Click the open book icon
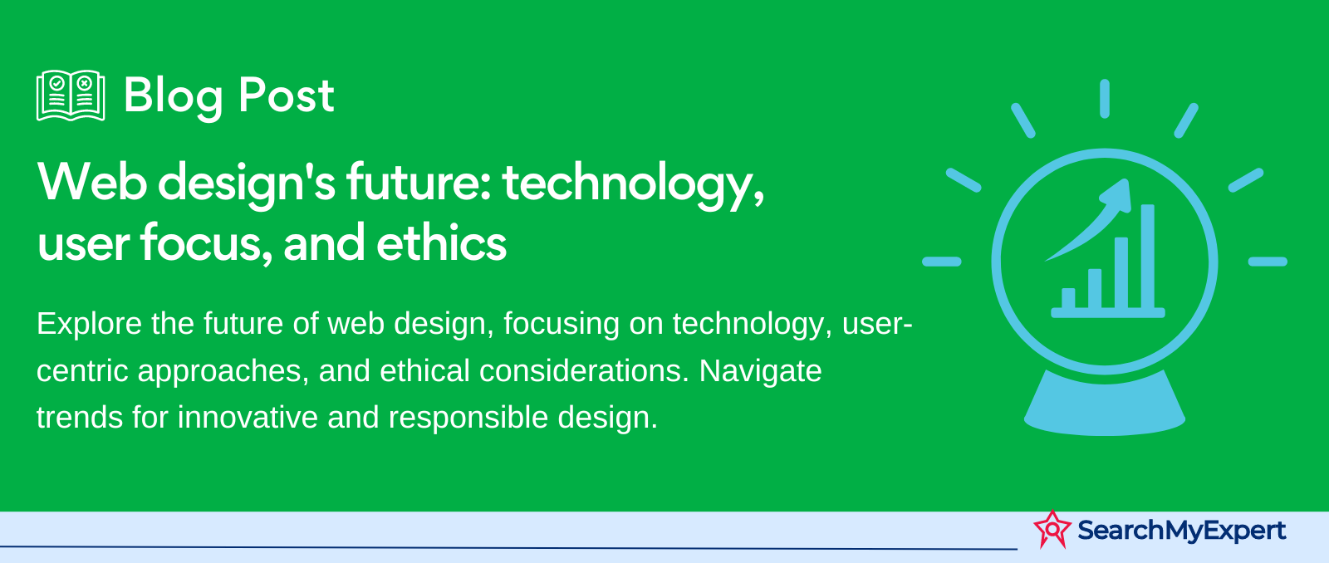pyautogui.click(x=71, y=95)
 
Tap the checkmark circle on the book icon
pyautogui.click(x=57, y=83)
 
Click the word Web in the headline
pyautogui.click(x=92, y=182)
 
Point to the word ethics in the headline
pyautogui.click(x=441, y=242)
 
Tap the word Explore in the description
pyautogui.click(x=90, y=325)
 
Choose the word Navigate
pyautogui.click(x=760, y=372)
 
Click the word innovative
pyautogui.click(x=248, y=417)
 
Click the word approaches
pyautogui.click(x=223, y=372)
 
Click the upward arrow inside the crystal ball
pyautogui.click(x=1089, y=219)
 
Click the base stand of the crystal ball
pyautogui.click(x=1105, y=404)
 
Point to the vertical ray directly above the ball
pyautogui.click(x=1104, y=99)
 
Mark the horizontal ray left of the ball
pyautogui.click(x=942, y=262)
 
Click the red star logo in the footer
pyautogui.click(x=1052, y=529)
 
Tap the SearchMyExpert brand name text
pyautogui.click(x=1182, y=531)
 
